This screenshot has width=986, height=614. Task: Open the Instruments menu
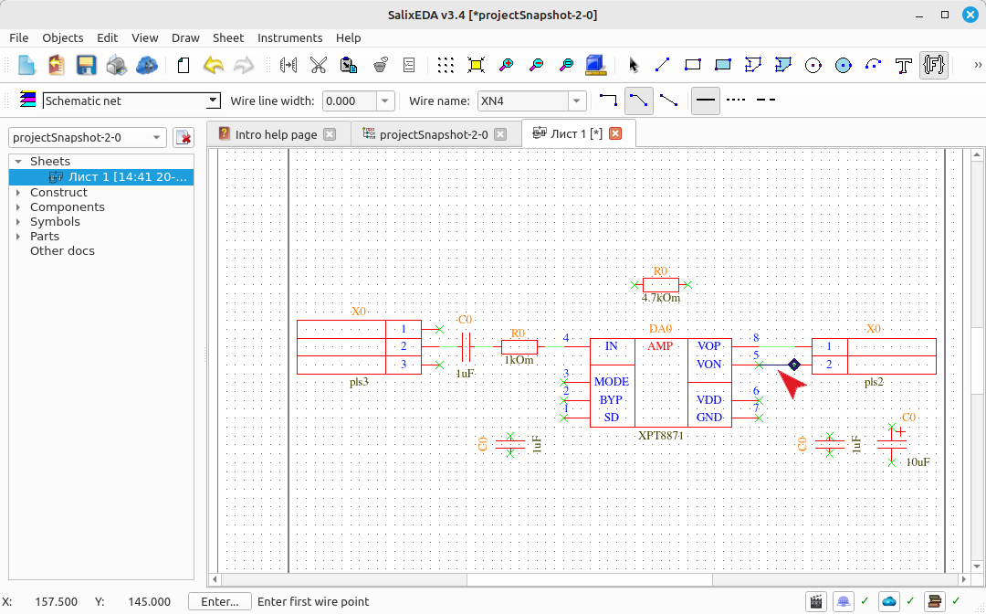click(x=289, y=37)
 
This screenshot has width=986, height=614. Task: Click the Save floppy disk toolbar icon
click(x=86, y=65)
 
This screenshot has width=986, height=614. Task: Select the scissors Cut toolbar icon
click(x=319, y=65)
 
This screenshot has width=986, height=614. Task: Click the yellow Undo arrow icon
click(x=214, y=65)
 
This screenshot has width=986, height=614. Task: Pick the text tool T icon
click(x=904, y=65)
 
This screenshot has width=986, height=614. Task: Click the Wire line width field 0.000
click(x=350, y=101)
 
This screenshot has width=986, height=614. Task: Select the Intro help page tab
click(x=276, y=134)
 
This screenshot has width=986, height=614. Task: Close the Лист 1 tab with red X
click(x=615, y=133)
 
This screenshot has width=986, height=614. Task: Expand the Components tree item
click(x=18, y=207)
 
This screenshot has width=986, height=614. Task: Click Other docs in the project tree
click(x=62, y=250)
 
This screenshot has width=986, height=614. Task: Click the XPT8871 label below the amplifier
click(x=660, y=435)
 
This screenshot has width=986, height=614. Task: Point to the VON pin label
click(x=708, y=365)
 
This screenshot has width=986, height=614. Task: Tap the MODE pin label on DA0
click(x=611, y=382)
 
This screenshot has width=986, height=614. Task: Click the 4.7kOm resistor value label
click(x=660, y=298)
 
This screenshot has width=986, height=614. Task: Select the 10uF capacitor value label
click(x=918, y=461)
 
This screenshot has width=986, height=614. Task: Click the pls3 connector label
click(x=359, y=382)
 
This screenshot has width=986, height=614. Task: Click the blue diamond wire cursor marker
click(x=794, y=365)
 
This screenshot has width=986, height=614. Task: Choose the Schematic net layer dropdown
click(x=131, y=101)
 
